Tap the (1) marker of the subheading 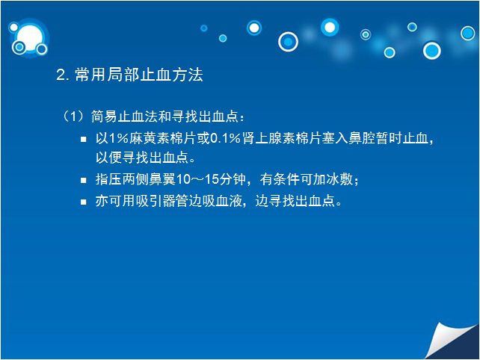pyautogui.click(x=73, y=117)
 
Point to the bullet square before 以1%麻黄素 pyautogui.click(x=83, y=140)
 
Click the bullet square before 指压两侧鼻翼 pyautogui.click(x=83, y=180)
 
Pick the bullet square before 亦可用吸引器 pyautogui.click(x=83, y=202)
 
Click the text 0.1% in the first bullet pyautogui.click(x=225, y=138)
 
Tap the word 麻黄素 pyautogui.click(x=150, y=138)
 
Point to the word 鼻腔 pyautogui.click(x=362, y=138)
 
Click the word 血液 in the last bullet pyautogui.click(x=229, y=201)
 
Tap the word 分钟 pyautogui.click(x=233, y=179)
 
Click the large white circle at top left pyautogui.click(x=30, y=37)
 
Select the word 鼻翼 pyautogui.click(x=162, y=179)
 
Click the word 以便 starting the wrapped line pyautogui.click(x=108, y=158)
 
